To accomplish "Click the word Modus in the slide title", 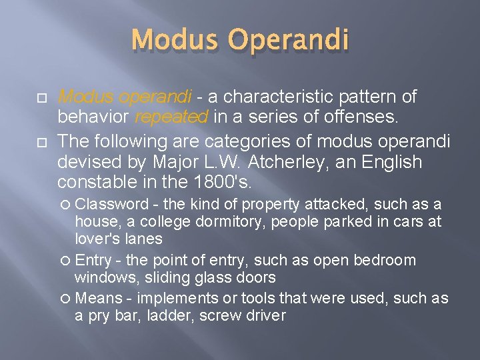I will [171, 40].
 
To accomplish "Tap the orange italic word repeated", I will [172, 118].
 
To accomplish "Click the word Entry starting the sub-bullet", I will [93, 260].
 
